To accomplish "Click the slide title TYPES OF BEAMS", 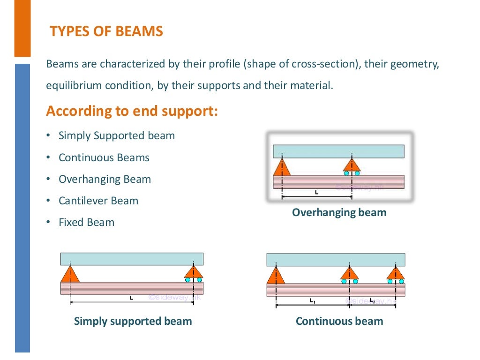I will [x=106, y=31].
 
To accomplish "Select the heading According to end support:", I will [x=132, y=112].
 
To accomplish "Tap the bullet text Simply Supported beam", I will [x=116, y=136].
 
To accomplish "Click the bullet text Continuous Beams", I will [x=104, y=157].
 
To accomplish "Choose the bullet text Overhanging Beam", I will [x=105, y=179].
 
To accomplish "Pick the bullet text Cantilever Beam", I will [x=98, y=201].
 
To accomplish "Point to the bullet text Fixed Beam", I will [x=86, y=222].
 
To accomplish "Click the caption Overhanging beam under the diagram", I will [x=339, y=212].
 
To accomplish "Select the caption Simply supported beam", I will [x=133, y=321].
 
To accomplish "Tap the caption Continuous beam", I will [x=339, y=321].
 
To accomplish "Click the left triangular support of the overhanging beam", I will [x=282, y=168].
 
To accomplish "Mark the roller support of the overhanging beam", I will [x=352, y=166].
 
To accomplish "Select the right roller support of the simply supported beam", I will [x=193, y=273].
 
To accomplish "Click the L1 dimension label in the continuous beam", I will [x=312, y=301].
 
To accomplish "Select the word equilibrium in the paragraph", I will [x=70, y=86].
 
